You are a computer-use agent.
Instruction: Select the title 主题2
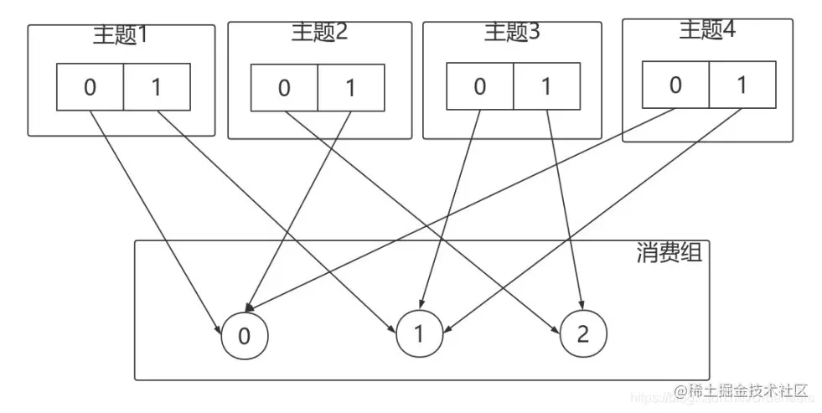point(319,33)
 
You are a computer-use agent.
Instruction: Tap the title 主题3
point(512,32)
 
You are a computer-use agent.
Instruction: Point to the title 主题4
point(707,30)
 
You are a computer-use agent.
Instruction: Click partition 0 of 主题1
point(90,87)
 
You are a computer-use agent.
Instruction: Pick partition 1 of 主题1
point(157,87)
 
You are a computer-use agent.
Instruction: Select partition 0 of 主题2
point(285,87)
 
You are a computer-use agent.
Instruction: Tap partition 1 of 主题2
point(351,87)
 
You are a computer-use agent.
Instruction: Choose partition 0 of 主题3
point(479,86)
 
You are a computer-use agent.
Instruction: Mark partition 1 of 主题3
point(546,86)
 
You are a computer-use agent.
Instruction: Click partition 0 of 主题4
point(675,85)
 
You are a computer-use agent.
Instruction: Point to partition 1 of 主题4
point(742,85)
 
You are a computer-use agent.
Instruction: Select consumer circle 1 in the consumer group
point(418,333)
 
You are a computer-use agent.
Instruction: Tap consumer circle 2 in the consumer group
point(583,333)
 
